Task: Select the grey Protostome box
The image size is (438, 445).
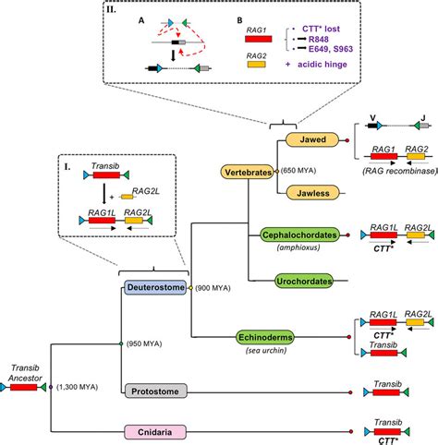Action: (154, 391)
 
